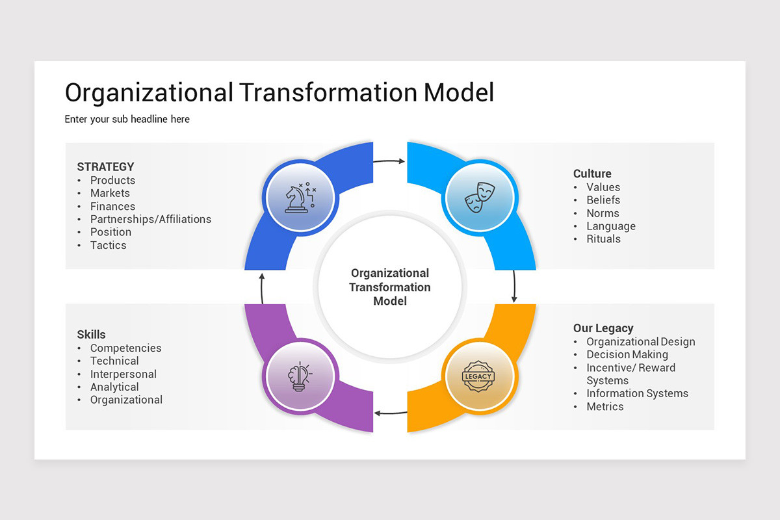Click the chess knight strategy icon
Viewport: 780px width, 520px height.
[x=300, y=196]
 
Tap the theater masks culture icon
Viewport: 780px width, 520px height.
[x=479, y=196]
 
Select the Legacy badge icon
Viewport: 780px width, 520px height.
[x=479, y=376]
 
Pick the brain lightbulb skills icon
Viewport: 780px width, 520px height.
[x=300, y=376]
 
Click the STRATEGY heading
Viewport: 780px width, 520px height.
[x=105, y=167]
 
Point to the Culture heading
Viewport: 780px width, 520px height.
[x=592, y=174]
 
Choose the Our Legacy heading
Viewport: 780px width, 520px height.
[x=603, y=328]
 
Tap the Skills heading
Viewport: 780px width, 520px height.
[x=91, y=335]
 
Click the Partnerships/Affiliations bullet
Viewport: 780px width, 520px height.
[x=151, y=219]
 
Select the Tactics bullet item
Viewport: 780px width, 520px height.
[x=109, y=245]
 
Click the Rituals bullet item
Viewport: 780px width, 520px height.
[x=603, y=239]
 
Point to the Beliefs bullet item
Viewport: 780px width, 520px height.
[x=603, y=200]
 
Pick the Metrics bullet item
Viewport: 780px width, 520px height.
[x=605, y=406]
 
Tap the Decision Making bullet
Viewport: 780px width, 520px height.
[x=627, y=354]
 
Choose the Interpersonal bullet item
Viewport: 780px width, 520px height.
[x=123, y=374]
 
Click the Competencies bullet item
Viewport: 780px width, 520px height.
[x=126, y=348]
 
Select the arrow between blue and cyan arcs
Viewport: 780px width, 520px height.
[x=390, y=161]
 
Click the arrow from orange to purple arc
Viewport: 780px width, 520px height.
[x=390, y=412]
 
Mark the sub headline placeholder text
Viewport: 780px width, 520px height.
[x=127, y=119]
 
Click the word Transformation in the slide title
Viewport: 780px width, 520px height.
[x=328, y=92]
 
